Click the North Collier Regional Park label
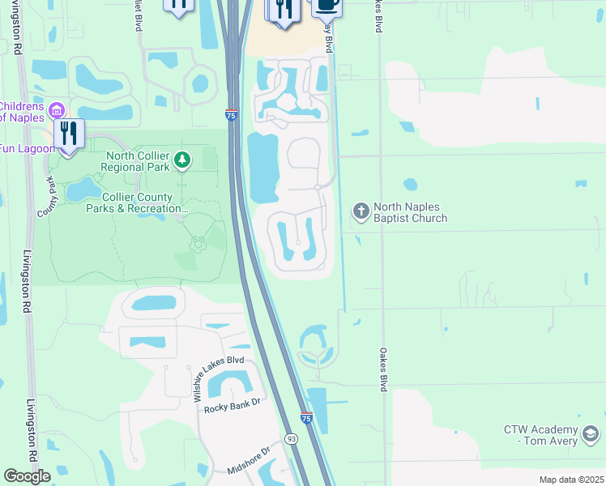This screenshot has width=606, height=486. pyautogui.click(x=134, y=161)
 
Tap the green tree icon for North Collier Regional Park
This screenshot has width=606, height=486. pyautogui.click(x=183, y=161)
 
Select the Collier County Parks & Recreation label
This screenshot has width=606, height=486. pyautogui.click(x=137, y=202)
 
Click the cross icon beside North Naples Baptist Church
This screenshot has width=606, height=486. pyautogui.click(x=361, y=211)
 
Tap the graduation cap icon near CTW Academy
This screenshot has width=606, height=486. pyautogui.click(x=592, y=435)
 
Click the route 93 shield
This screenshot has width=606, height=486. pyautogui.click(x=290, y=438)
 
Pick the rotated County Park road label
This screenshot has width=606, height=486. pyautogui.click(x=49, y=197)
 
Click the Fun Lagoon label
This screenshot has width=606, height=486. pyautogui.click(x=27, y=149)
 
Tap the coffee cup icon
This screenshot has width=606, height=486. pyautogui.click(x=326, y=5)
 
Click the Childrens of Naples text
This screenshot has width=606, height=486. pyautogui.click(x=22, y=112)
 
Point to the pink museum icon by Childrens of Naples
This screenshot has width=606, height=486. pyautogui.click(x=56, y=109)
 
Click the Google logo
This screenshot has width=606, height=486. pyautogui.click(x=27, y=476)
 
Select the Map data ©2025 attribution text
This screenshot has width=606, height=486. pyautogui.click(x=570, y=480)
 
